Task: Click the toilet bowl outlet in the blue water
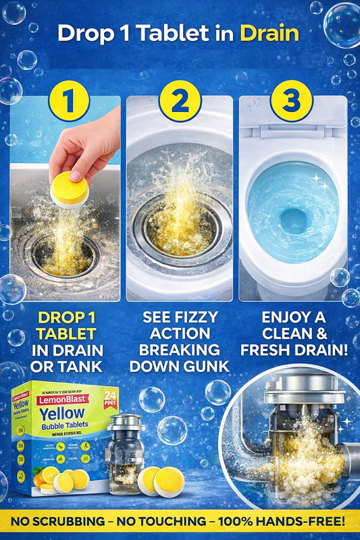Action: point(293,220)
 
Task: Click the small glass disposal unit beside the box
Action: point(124,449)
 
